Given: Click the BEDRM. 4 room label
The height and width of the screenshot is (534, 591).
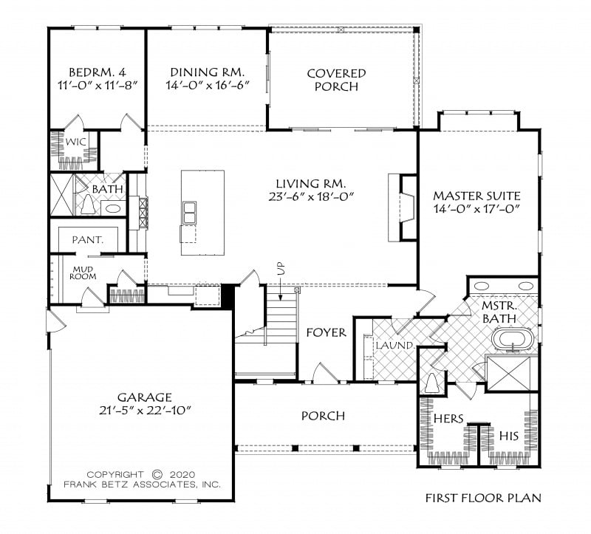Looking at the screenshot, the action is coord(98,72).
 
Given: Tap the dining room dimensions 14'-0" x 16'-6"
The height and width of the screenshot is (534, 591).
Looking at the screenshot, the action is coord(208,85).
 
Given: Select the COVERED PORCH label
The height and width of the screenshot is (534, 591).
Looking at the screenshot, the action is coord(336,80).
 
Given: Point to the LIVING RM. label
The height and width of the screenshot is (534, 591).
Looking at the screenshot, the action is coord(311,184).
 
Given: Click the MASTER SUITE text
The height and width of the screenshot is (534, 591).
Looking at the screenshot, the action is coord(476,196).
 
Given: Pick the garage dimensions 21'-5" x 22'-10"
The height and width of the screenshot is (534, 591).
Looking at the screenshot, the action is coord(145,411).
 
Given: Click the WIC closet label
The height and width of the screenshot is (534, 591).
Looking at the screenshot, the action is coord(75,142).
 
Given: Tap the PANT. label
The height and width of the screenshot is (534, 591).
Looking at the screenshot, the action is coord(87,240).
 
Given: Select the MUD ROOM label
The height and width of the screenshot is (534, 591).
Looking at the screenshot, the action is coord(83,273).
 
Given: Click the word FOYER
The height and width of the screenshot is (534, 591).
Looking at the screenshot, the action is coord(326,332).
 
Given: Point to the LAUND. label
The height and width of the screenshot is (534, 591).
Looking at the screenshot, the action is coord(395,345).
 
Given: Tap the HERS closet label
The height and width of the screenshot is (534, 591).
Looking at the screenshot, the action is coord(448,418).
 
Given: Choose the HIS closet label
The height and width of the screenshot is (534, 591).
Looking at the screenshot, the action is coord(509,437).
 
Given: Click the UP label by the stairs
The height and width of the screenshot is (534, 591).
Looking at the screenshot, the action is coord(281,268).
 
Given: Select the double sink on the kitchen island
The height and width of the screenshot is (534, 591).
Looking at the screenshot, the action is coord(189,213).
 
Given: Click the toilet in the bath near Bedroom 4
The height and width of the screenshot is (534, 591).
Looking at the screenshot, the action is coord(88,205).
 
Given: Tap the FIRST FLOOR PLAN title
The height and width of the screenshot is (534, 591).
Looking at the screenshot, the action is coord(483,499).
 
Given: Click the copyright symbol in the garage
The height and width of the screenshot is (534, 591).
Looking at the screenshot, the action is coord(157,474).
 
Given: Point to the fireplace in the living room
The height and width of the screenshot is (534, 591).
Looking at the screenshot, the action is coord(403,208).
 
